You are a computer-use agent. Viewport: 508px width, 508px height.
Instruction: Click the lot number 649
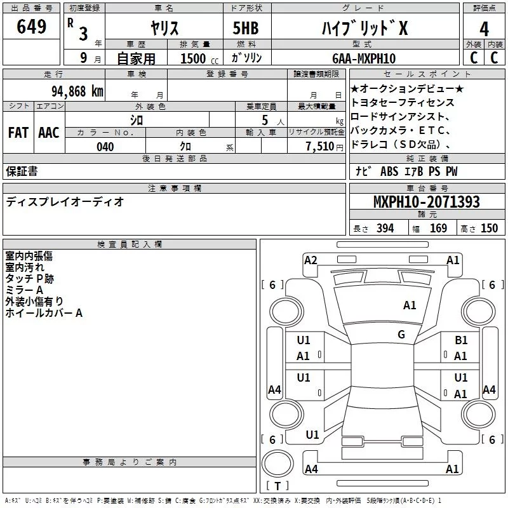coord(31,26)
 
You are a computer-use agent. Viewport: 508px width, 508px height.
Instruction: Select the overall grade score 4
coord(484,29)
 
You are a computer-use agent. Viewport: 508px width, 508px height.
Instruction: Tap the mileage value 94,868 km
coord(77,91)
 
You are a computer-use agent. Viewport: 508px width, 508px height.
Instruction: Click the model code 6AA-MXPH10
coord(364,58)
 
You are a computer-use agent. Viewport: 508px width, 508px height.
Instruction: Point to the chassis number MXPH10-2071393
coord(427,201)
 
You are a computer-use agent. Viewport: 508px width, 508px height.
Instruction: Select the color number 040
coord(105,147)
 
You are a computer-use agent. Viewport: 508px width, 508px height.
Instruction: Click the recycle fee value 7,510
coord(320,147)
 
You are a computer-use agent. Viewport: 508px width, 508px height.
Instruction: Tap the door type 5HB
coord(246,28)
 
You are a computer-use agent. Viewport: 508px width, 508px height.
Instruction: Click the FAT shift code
coord(18,133)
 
